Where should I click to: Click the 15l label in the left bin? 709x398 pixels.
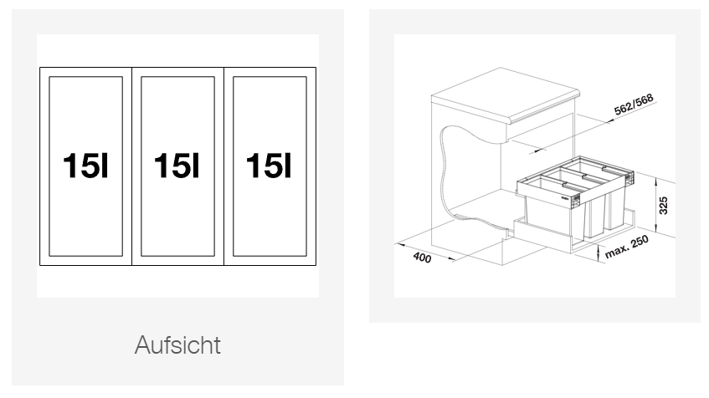coord(85,166)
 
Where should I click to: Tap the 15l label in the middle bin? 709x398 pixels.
coord(177,166)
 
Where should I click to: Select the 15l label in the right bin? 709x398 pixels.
coord(269,166)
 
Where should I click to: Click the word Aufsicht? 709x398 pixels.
coord(177,345)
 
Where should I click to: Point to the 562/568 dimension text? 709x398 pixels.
coord(634,105)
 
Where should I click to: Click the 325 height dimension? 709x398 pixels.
coord(663,206)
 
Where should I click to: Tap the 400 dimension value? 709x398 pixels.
coord(423,258)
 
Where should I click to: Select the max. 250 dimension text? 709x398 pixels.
coord(627,247)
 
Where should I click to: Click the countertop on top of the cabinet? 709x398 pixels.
coord(505,96)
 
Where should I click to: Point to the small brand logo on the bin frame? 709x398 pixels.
coord(565,197)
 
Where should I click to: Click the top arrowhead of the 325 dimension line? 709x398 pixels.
coord(655,181)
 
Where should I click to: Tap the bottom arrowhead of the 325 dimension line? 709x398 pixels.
coord(655,228)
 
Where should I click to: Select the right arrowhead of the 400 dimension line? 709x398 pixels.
coord(453,259)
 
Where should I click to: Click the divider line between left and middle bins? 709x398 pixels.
coord(131,166)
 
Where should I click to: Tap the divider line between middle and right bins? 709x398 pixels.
coord(223,166)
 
